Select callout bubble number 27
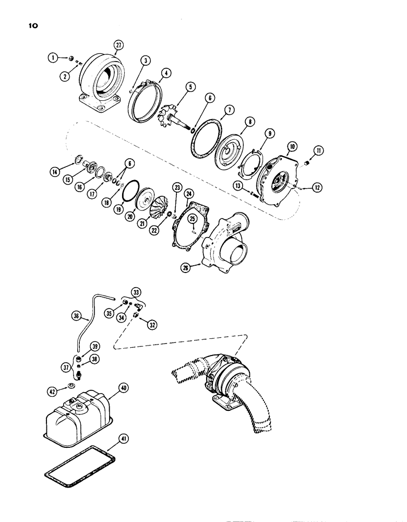[x=118, y=46]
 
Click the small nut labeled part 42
[x=67, y=389]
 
